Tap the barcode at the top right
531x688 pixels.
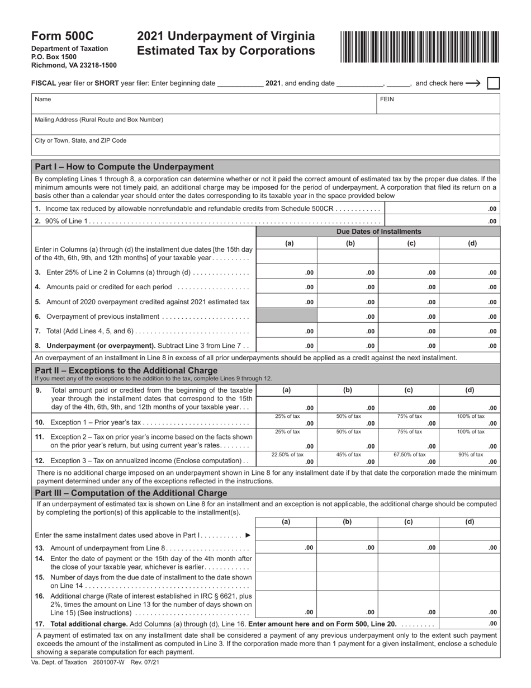[419, 46]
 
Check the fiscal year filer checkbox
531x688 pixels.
[493, 83]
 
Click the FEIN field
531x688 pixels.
[439, 104]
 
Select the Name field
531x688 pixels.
[204, 104]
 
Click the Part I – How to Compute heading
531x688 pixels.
[124, 167]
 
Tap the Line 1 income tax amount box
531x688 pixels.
[442, 209]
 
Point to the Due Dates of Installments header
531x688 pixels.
[378, 232]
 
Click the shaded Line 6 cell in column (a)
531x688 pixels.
[287, 317]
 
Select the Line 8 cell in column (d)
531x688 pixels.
[470, 346]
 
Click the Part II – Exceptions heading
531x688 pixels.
[126, 370]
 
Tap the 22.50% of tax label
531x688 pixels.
[287, 455]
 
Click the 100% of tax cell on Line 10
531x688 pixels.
[470, 420]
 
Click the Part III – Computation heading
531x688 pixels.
[131, 493]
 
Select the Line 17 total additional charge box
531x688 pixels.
[470, 624]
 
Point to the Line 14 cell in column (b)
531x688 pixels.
[347, 562]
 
